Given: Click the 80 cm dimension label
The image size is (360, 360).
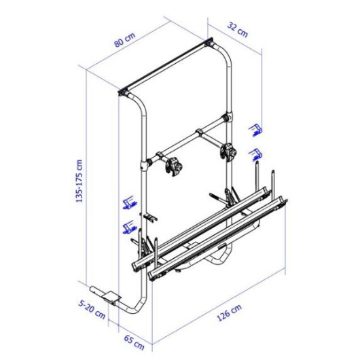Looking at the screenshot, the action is [125, 39].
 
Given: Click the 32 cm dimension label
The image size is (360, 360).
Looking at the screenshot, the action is [238, 30].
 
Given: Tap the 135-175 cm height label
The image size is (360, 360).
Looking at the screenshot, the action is [79, 181].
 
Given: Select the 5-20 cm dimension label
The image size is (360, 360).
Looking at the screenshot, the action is [92, 310].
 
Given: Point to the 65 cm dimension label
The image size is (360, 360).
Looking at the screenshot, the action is [134, 342].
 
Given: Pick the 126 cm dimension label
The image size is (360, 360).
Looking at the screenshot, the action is [229, 312].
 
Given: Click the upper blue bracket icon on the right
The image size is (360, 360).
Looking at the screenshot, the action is [256, 130].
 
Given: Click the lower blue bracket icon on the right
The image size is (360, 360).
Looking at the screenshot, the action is [255, 154].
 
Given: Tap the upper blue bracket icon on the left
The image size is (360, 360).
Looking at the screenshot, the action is [130, 202].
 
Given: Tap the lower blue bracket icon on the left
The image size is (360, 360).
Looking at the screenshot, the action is [130, 227].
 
